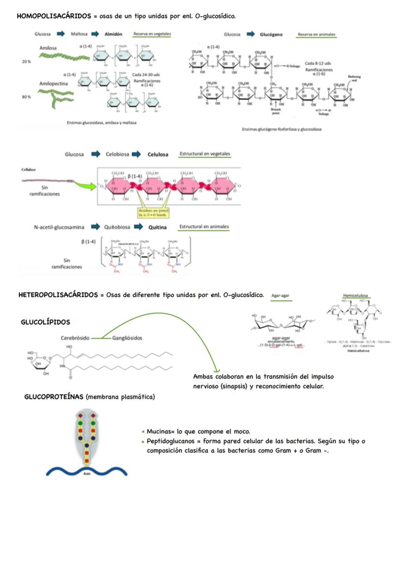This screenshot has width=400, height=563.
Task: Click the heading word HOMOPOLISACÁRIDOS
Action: coord(54,16)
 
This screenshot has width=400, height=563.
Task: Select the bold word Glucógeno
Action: coord(271,35)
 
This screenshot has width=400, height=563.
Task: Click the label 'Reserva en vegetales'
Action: coord(152,34)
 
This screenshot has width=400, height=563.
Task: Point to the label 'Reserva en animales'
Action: coord(316,35)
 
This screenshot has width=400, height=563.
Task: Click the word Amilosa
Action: coord(48,48)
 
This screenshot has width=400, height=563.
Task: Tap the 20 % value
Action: coord(26,62)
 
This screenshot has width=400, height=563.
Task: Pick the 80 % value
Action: coord(26,97)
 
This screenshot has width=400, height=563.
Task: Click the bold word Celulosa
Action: coord(158,154)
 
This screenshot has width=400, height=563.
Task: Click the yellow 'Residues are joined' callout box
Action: coord(154,212)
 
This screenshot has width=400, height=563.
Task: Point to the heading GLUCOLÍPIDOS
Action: coord(45,322)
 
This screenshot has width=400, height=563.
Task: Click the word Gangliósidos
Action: coord(127,338)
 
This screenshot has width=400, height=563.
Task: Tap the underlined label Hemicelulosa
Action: coord(355,295)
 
